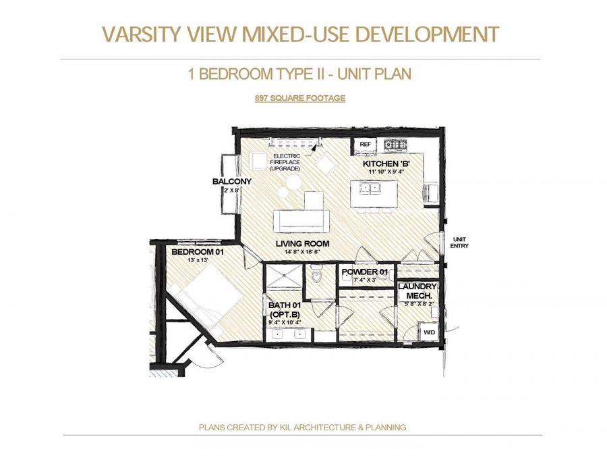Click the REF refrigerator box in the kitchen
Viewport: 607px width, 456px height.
click(x=365, y=144)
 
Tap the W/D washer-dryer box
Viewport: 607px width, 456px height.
click(x=428, y=332)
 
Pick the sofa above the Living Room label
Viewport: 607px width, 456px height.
click(x=301, y=220)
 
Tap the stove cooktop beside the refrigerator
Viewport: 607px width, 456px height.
click(x=393, y=144)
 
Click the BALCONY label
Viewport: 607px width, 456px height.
click(x=231, y=182)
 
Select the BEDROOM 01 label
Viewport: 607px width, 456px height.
click(x=197, y=252)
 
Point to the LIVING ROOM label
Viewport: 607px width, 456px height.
click(x=302, y=243)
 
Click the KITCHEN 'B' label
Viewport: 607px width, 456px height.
click(x=383, y=164)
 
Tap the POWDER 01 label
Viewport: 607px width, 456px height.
click(x=365, y=272)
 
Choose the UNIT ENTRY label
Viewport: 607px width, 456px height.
click(x=459, y=243)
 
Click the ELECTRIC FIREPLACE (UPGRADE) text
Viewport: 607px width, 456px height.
click(x=287, y=162)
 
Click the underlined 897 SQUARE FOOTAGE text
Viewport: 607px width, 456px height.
click(x=300, y=98)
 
